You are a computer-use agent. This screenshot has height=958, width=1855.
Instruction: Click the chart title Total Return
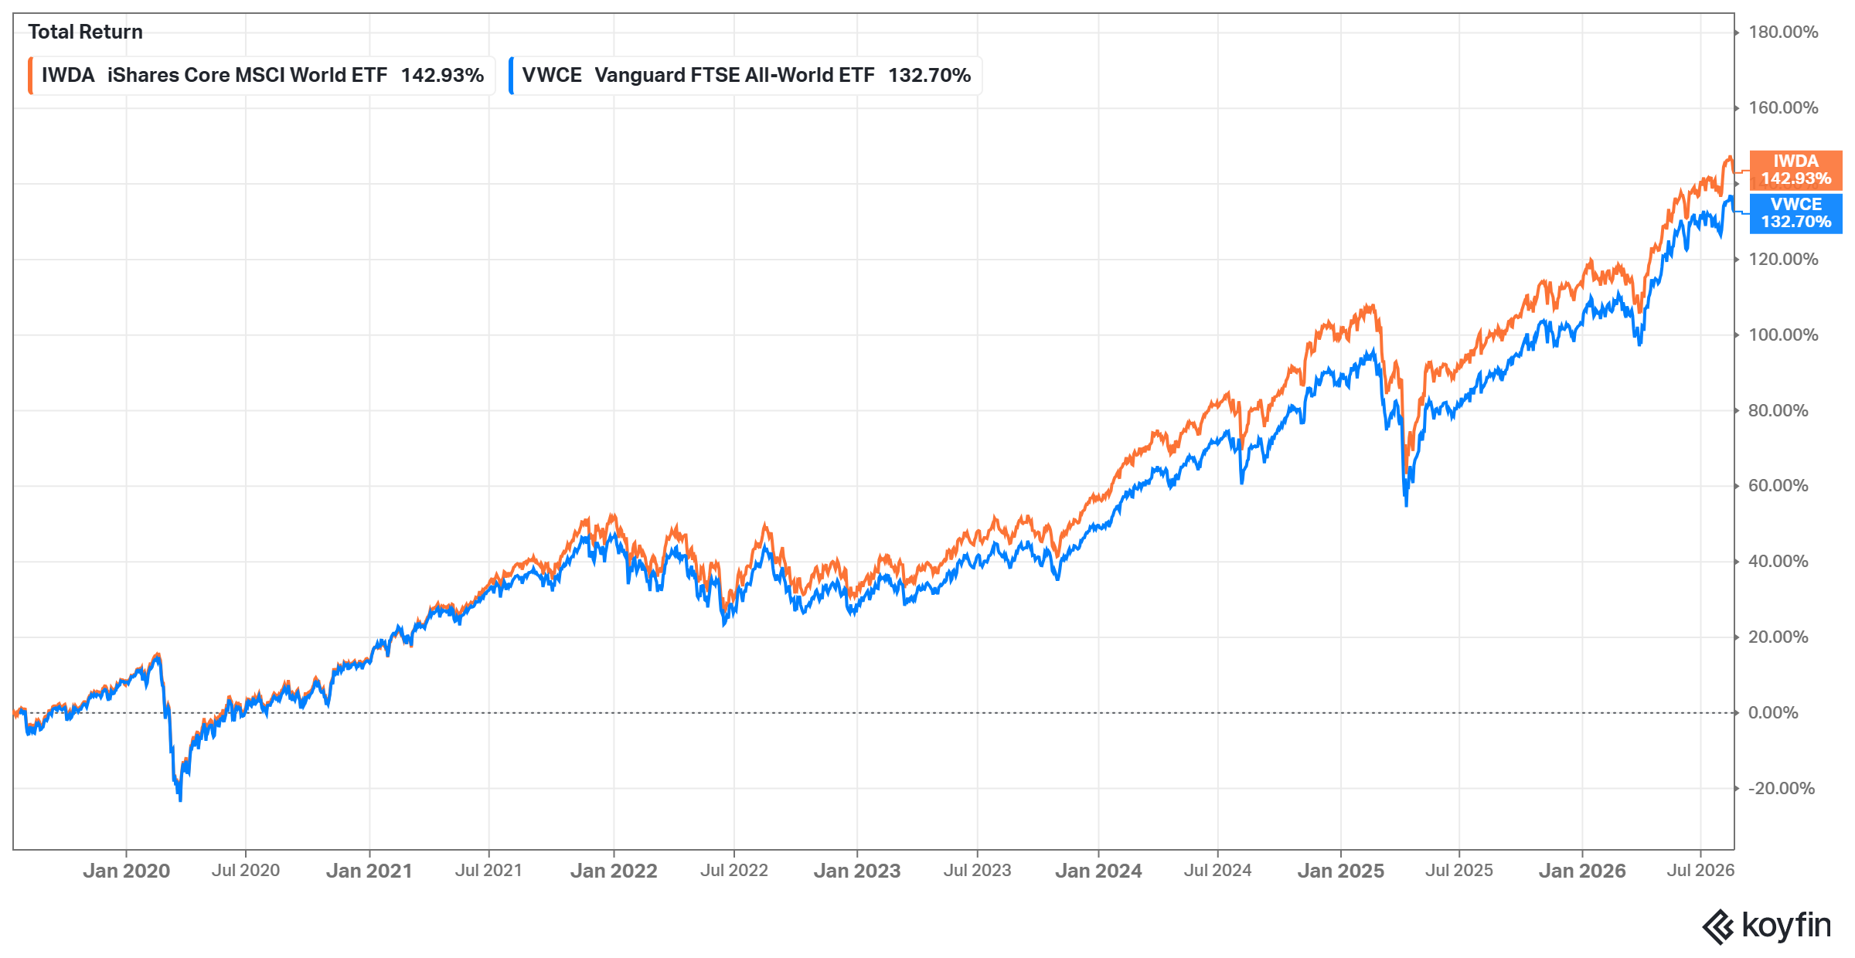point(85,32)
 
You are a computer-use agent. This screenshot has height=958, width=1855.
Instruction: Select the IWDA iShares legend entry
point(261,76)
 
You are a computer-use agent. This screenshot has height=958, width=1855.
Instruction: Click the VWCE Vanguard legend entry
point(745,76)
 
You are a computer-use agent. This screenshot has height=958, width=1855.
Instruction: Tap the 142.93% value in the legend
point(442,76)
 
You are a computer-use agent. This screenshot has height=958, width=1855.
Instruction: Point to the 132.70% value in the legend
point(929,76)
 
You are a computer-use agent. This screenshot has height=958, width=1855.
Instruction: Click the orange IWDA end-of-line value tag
point(1795,170)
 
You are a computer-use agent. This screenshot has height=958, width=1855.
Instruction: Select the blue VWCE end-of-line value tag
point(1795,213)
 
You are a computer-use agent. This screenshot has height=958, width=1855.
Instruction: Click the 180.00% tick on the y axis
point(1783,32)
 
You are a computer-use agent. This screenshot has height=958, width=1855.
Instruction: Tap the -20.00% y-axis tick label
point(1782,788)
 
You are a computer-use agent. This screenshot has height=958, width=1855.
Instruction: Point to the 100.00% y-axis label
point(1783,335)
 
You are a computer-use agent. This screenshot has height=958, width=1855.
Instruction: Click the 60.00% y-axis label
point(1778,486)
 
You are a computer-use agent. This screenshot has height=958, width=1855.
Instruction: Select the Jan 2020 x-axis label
point(126,871)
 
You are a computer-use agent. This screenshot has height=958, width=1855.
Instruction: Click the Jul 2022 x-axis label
point(734,871)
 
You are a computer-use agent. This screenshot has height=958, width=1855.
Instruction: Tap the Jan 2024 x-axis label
point(1098,871)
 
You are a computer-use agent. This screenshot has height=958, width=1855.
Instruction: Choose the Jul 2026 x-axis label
point(1700,871)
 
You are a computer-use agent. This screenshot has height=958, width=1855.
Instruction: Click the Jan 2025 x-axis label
point(1341,871)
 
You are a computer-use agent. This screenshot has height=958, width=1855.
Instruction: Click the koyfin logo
point(1767,926)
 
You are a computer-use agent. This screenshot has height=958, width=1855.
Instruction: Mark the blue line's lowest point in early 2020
point(180,800)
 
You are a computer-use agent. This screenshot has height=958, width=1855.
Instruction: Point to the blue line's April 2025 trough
point(1406,505)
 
